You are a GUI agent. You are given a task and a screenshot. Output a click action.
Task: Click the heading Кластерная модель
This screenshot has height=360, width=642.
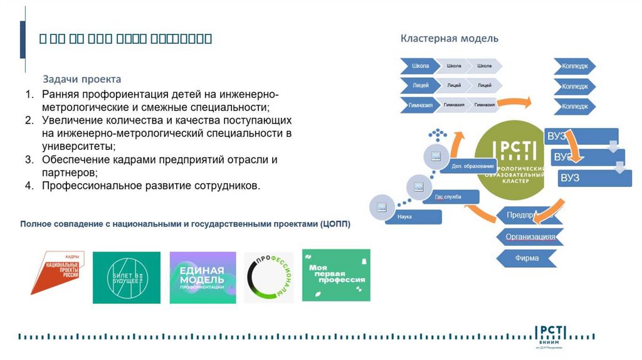click(450, 39)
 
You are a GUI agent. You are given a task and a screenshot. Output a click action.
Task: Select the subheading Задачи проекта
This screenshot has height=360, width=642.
click(82, 80)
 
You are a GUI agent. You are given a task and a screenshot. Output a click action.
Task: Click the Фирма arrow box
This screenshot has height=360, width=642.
click(527, 258)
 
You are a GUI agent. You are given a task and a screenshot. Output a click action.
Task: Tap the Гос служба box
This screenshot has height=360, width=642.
click(449, 197)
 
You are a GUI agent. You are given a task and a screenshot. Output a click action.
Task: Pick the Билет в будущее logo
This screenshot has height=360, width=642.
click(127, 277)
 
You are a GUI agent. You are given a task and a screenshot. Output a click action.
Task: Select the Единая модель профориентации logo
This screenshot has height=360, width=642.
click(203, 277)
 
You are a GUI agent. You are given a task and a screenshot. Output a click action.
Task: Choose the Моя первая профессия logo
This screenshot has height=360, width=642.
click(336, 275)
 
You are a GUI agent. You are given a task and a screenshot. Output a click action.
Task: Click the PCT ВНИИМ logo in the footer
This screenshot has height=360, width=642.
click(550, 336)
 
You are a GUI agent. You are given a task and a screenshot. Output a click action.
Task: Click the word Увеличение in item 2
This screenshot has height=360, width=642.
click(72, 120)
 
